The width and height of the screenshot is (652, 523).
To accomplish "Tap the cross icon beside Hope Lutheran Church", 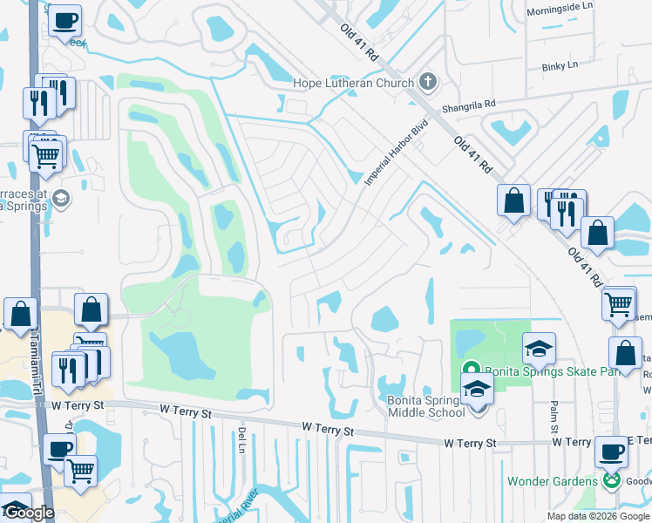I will pyautogui.click(x=427, y=82).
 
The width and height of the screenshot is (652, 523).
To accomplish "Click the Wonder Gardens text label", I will pyautogui.click(x=552, y=481).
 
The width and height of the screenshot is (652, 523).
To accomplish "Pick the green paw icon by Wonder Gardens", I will pyautogui.click(x=613, y=480).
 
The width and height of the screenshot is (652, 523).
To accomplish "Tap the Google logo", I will pyautogui.click(x=29, y=513).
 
